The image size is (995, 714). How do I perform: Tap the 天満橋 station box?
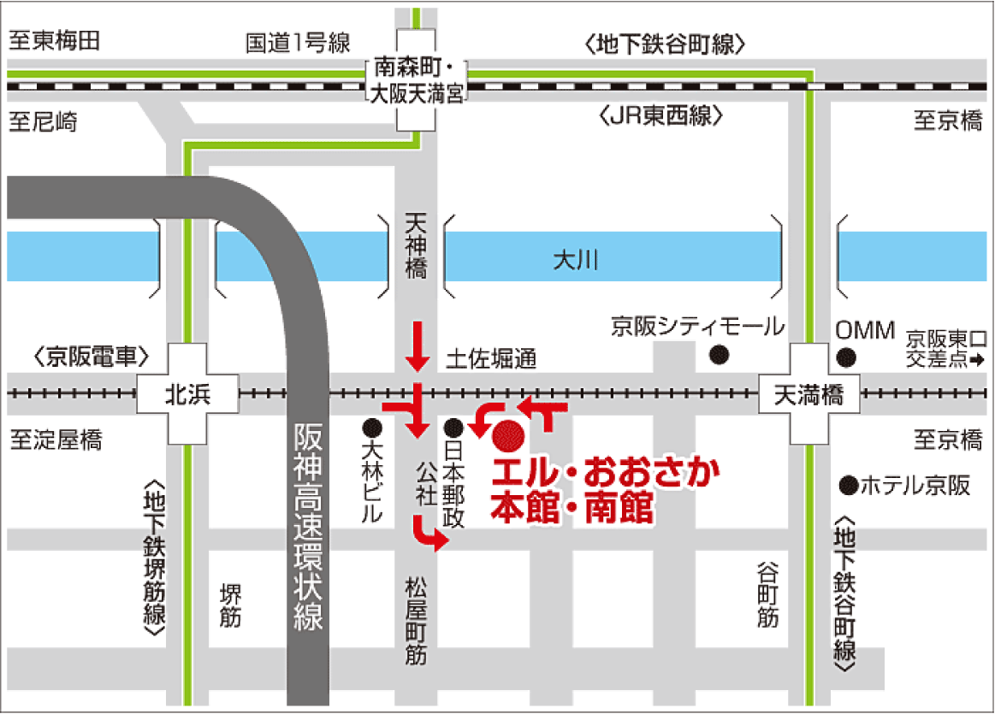tap(808, 394)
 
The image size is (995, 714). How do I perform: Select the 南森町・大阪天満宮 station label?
tap(415, 81)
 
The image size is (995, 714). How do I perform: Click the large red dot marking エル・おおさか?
tap(508, 435)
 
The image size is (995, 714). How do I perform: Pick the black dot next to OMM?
tap(846, 357)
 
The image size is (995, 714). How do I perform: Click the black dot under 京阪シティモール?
tap(720, 355)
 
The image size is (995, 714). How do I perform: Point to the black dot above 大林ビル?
tap(371, 426)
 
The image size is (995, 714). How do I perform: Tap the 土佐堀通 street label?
tap(490, 361)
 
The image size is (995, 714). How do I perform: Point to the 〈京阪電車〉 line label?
tap(92, 357)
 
